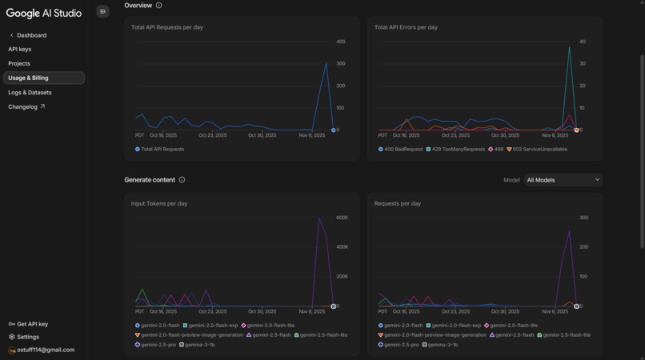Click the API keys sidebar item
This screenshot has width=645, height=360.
coord(20,50)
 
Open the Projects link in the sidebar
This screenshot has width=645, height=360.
coord(19,63)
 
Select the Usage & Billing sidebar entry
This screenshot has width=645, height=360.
coord(29,78)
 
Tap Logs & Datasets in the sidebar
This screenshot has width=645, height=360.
coord(30,92)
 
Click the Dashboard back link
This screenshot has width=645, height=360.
coord(31,35)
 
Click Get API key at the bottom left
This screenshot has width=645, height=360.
coord(29,324)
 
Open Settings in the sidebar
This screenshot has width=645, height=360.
coord(24,337)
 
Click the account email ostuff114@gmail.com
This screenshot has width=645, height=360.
coord(42,350)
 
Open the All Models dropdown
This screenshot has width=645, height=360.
coord(563,180)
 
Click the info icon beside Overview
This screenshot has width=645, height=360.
coord(158,6)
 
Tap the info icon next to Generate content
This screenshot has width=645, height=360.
coord(182,180)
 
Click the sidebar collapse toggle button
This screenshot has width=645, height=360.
coord(102,11)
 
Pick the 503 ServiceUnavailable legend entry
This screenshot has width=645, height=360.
coord(539,149)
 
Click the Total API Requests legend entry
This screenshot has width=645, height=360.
coord(161,149)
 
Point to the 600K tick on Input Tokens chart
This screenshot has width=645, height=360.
coord(342,218)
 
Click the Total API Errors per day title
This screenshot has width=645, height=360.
coord(406,27)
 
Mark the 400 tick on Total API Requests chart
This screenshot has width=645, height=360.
coord(341,42)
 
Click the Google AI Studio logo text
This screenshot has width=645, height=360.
coord(44,13)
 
